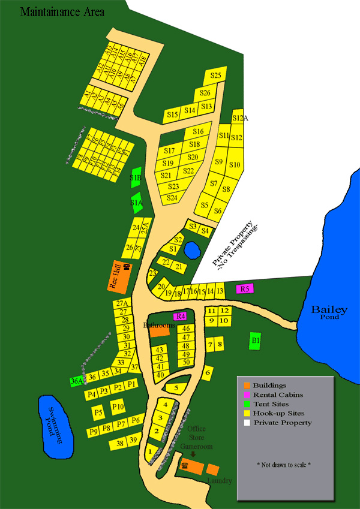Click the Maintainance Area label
[62, 12]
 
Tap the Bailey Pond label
[329, 311]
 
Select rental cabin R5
[244, 289]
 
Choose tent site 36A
[77, 381]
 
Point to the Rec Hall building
[120, 275]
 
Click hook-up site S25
[216, 75]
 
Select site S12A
[239, 118]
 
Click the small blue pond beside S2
[192, 249]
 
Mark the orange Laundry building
[212, 469]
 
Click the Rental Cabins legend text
[278, 394]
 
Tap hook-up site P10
[118, 407]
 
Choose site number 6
[208, 372]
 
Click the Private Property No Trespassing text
[236, 243]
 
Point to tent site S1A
[137, 203]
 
